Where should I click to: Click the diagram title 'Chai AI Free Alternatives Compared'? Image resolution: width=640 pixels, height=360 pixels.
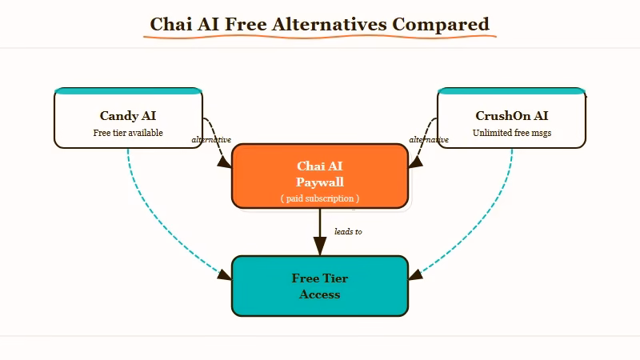click(320, 24)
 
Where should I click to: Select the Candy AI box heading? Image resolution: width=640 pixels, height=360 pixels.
click(128, 116)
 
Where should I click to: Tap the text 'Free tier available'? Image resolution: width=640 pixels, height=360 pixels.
click(128, 133)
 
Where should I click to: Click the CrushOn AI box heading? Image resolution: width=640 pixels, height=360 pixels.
click(512, 116)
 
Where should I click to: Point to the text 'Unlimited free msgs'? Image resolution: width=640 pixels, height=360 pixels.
click(512, 133)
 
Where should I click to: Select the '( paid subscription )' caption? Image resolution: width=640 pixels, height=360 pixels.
click(320, 198)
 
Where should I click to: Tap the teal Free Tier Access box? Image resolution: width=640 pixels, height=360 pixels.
click(320, 286)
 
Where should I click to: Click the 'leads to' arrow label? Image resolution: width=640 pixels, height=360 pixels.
click(348, 232)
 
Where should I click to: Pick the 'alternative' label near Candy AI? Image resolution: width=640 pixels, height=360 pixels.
click(211, 140)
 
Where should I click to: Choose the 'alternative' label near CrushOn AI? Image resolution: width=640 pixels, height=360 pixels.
click(429, 140)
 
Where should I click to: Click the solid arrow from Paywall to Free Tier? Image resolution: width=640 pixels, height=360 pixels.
click(320, 228)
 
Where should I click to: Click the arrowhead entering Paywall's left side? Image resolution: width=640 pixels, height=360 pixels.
click(225, 162)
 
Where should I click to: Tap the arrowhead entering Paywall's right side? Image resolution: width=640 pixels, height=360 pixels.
click(415, 162)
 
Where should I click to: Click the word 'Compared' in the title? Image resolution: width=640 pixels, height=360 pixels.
click(440, 24)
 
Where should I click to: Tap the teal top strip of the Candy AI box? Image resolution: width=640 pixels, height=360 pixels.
click(128, 90)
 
